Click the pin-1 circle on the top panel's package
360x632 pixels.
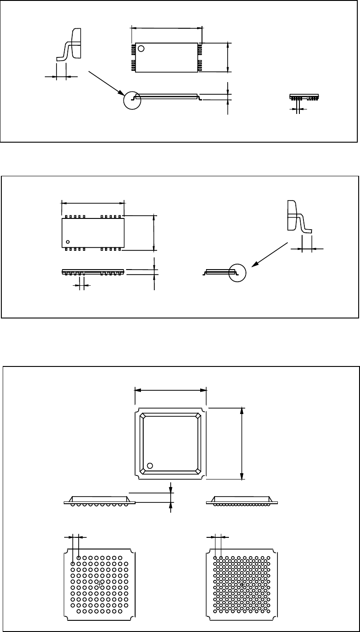(141, 48)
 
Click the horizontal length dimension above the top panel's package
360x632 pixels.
(166, 28)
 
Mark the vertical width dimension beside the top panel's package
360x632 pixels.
(228, 57)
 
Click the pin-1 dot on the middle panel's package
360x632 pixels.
(68, 242)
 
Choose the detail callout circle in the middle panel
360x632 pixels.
(238, 272)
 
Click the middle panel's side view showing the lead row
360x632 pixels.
(92, 272)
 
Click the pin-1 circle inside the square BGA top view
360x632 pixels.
(150, 465)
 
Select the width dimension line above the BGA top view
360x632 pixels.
(171, 390)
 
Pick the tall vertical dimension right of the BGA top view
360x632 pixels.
(242, 443)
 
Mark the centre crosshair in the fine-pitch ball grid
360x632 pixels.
(242, 584)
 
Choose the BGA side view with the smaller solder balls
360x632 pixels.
(241, 501)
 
